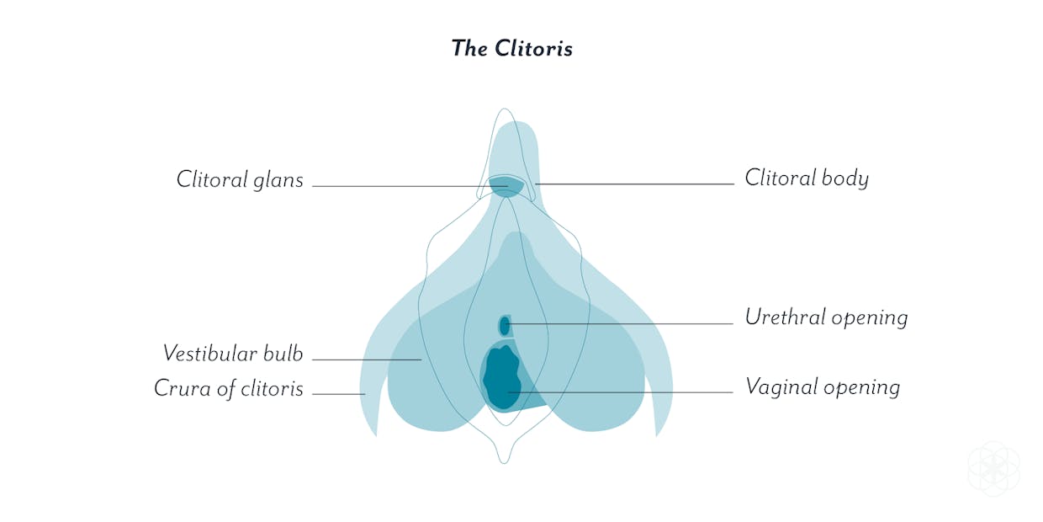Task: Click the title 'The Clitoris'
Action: (511, 49)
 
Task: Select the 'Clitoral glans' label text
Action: (240, 180)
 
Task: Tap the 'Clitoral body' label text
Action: (807, 178)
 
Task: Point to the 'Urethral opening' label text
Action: (826, 317)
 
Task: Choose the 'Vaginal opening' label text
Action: (823, 387)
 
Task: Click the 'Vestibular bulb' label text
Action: (233, 354)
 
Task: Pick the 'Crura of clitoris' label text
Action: (229, 389)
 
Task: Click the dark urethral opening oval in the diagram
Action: (505, 326)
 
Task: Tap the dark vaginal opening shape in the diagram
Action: (501, 377)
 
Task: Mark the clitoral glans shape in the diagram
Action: (506, 186)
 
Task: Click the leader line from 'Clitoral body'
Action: (635, 184)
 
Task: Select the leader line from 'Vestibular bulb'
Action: (367, 360)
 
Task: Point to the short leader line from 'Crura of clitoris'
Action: (338, 394)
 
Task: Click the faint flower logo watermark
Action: (993, 467)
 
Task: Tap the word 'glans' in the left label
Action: (278, 181)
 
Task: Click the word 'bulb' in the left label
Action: (283, 354)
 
